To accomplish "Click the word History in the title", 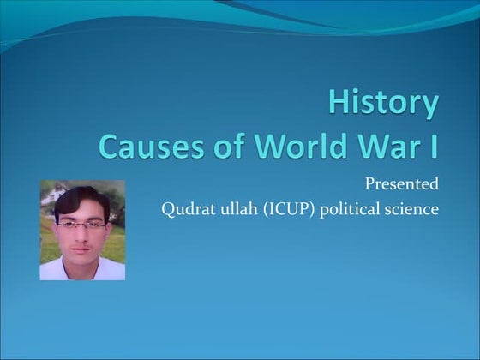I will [383, 103].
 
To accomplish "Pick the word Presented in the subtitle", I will [402, 183].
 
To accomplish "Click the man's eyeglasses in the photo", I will [81, 225].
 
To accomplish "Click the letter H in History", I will [339, 103].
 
